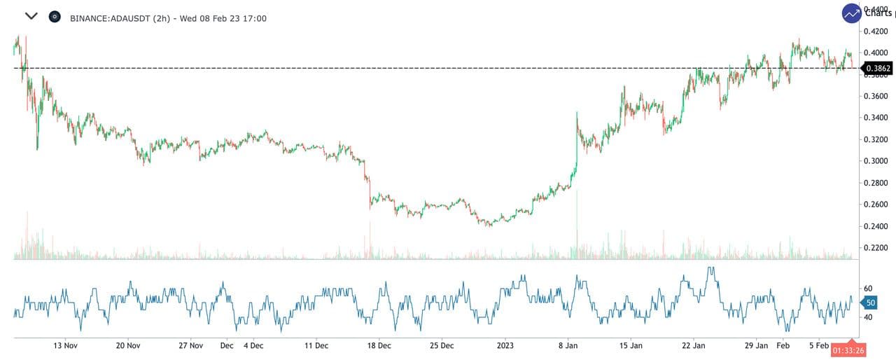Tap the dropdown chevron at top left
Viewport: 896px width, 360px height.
31,16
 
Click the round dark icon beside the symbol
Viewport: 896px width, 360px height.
55,17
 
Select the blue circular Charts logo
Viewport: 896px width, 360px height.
852,13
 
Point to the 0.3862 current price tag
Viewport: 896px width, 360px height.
878,69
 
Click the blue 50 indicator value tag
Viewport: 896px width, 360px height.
870,303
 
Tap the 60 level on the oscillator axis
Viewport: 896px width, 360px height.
868,289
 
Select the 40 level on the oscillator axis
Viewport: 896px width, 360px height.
868,317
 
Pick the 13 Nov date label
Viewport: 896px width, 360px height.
66,345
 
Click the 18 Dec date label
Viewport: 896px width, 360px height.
379,345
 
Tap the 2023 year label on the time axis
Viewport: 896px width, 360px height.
505,345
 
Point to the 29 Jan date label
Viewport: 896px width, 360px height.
757,345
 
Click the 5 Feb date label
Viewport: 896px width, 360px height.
820,345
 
